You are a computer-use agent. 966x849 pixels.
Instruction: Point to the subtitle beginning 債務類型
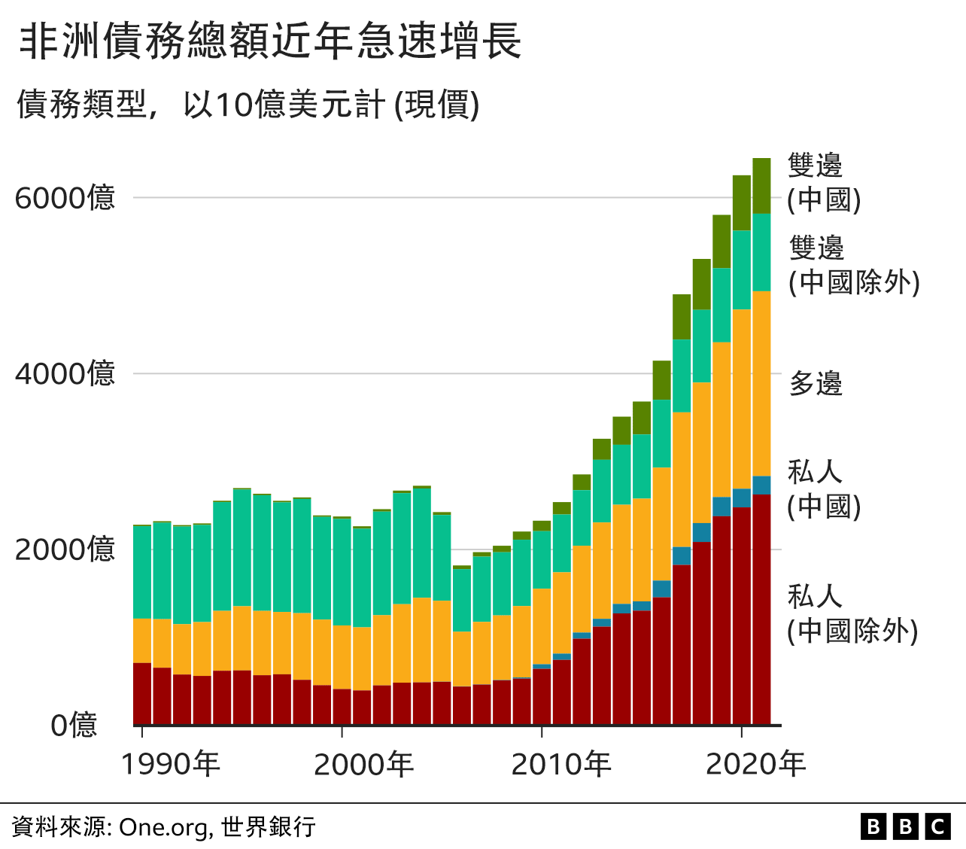[248, 104]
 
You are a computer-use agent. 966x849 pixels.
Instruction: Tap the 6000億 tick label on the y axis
[65, 198]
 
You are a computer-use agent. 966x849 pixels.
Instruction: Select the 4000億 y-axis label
[65, 373]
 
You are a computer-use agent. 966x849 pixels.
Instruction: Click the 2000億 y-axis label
[65, 549]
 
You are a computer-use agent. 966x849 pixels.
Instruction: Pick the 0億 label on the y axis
[74, 726]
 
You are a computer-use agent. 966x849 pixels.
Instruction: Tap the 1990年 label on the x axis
[171, 764]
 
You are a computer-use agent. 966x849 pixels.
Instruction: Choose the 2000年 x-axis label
[363, 764]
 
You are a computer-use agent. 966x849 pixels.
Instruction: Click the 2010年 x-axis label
[561, 764]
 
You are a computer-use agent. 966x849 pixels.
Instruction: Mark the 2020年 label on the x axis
[755, 764]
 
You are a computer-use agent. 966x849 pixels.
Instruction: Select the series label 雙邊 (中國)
[823, 182]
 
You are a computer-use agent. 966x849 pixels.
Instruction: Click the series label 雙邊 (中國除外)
[854, 265]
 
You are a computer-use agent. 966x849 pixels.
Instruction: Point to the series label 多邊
[816, 383]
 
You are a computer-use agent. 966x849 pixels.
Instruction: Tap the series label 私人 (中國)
[823, 489]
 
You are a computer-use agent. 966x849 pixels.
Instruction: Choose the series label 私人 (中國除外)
[852, 613]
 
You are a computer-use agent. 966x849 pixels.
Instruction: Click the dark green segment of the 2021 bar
[761, 186]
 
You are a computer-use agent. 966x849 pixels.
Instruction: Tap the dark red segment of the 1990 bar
[142, 693]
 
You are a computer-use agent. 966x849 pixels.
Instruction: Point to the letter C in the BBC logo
[937, 827]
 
